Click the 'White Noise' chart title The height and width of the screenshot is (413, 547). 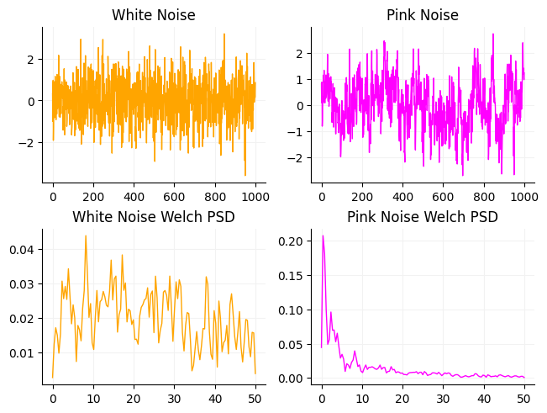tap(154, 15)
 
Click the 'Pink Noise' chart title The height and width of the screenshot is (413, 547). tap(423, 15)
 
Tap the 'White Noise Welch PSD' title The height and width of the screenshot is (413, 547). tap(154, 217)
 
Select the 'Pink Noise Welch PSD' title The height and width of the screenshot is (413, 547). tap(423, 217)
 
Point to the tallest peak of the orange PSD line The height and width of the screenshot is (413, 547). tap(85, 236)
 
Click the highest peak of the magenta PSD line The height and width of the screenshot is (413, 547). tap(323, 236)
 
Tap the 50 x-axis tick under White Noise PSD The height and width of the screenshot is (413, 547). tap(255, 399)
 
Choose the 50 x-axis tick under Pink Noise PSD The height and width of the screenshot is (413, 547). tap(523, 399)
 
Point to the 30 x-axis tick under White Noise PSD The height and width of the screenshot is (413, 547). tap(174, 399)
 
